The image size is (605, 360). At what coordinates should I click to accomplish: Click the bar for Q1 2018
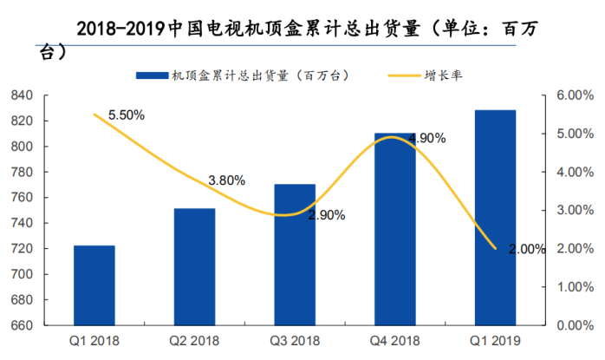click(94, 285)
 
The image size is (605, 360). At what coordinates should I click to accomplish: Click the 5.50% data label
click(126, 115)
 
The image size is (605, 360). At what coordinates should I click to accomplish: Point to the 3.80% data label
click(226, 180)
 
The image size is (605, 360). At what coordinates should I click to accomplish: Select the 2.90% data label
click(327, 214)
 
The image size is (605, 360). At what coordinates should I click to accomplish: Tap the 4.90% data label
click(426, 138)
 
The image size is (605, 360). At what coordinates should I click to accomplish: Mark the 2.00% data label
click(527, 249)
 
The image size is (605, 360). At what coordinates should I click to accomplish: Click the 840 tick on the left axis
click(22, 95)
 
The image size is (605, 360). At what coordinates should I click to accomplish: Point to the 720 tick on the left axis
click(22, 249)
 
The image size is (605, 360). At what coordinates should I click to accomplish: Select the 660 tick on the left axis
click(22, 326)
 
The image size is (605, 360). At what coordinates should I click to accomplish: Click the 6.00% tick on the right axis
click(571, 95)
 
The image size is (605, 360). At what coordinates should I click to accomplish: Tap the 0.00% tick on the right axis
click(571, 326)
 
